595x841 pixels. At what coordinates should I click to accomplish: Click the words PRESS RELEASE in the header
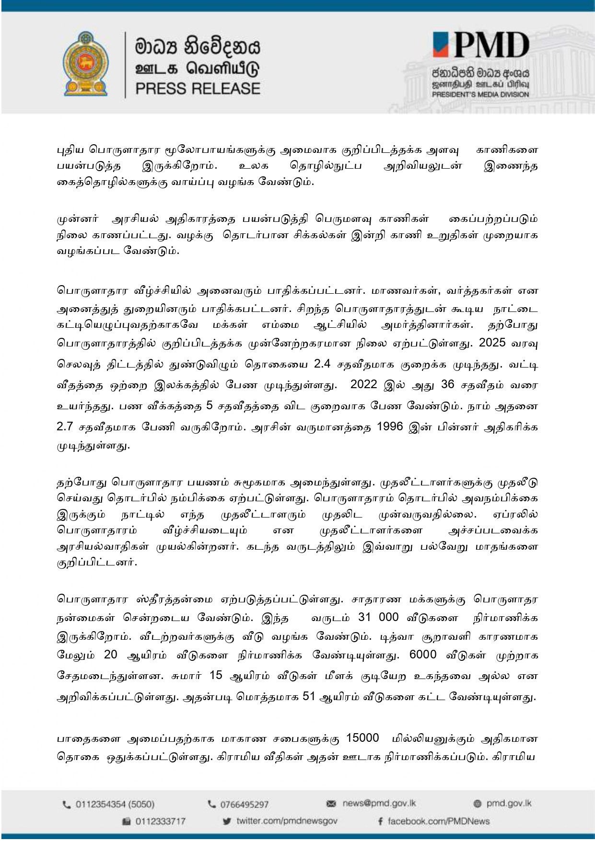click(x=198, y=89)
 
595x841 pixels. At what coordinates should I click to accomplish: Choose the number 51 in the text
click(x=310, y=696)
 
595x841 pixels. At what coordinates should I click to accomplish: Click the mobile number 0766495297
click(x=244, y=804)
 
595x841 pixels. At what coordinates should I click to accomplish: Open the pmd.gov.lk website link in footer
click(x=509, y=803)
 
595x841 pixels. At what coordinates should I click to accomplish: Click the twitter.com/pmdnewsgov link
click(x=287, y=821)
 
